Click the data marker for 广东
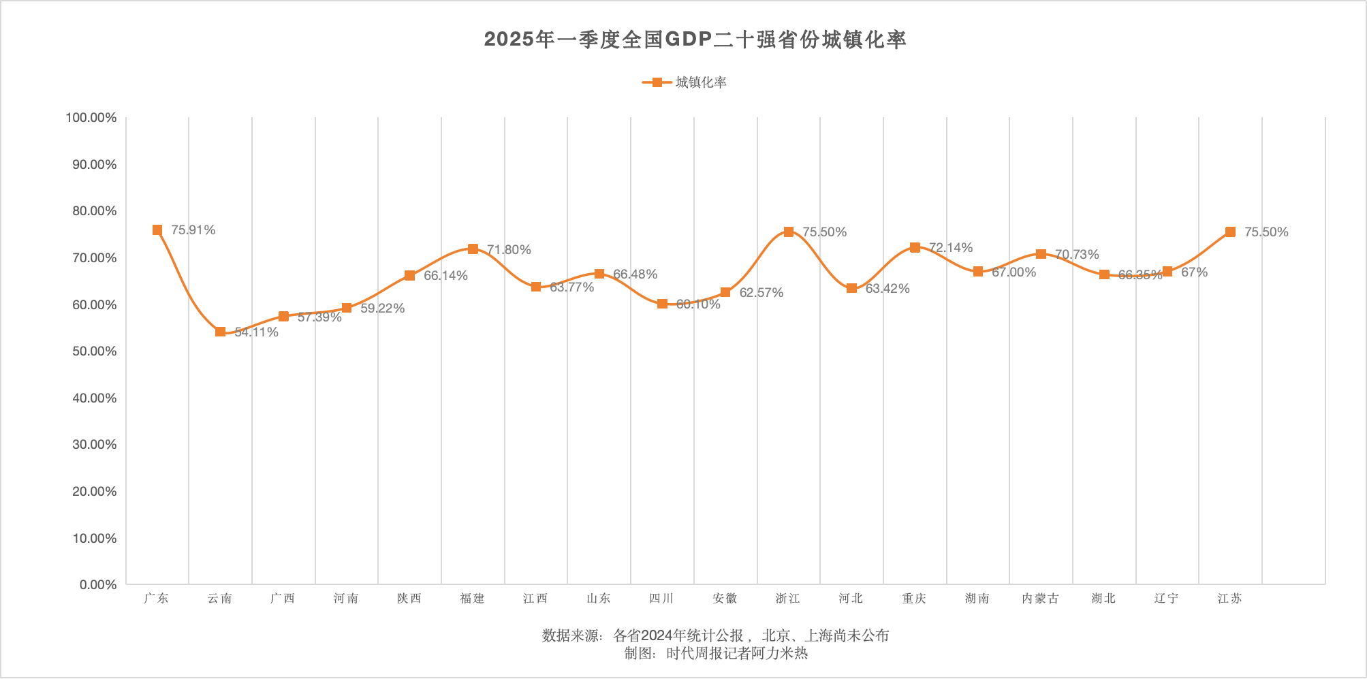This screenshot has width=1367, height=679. (x=157, y=230)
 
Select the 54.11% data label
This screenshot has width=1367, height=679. (x=257, y=332)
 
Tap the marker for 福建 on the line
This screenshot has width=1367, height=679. (x=473, y=249)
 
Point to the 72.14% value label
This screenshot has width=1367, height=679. (x=951, y=248)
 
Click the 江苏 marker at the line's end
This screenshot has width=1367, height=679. (x=1230, y=232)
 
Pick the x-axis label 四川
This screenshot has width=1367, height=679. (x=661, y=599)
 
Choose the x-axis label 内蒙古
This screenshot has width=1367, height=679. (x=1041, y=599)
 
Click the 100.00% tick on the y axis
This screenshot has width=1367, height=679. (x=91, y=118)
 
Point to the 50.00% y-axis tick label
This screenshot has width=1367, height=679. (x=95, y=351)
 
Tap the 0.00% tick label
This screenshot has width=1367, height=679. (x=98, y=585)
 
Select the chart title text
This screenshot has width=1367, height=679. (x=695, y=40)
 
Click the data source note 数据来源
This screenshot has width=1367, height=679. (x=715, y=636)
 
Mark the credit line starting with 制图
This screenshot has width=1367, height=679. (x=716, y=654)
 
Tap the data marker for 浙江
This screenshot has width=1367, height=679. (x=789, y=232)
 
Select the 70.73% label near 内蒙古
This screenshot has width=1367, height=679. (x=1077, y=255)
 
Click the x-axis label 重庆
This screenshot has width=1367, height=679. (x=914, y=599)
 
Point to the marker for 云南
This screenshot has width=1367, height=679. (x=220, y=332)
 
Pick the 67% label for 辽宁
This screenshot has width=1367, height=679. (x=1194, y=272)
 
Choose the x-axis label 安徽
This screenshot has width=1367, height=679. (x=725, y=599)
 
